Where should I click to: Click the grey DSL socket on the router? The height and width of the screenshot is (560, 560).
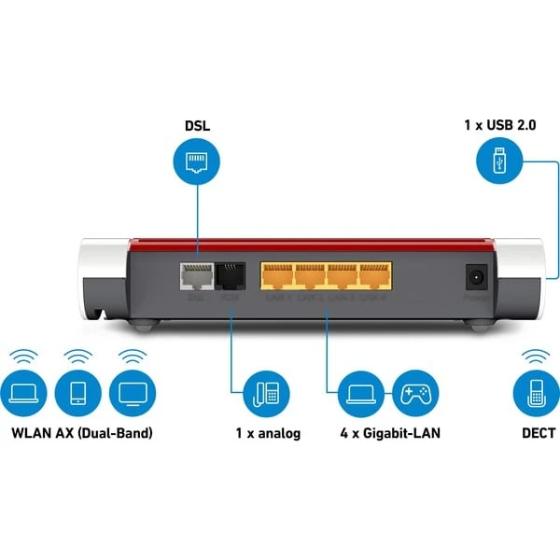196,278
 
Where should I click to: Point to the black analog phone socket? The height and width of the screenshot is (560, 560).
230,278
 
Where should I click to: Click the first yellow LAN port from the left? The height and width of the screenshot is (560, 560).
277,277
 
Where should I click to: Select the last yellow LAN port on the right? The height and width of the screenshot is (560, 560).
372,277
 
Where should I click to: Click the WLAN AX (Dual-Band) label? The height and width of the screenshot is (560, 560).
81,434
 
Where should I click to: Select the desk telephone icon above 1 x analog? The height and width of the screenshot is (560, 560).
267,395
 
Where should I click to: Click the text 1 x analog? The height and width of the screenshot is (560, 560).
268,434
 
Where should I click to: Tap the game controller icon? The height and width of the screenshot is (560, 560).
415,395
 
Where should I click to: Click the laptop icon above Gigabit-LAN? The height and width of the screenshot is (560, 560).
362,395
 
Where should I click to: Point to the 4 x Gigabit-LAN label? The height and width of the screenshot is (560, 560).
389,434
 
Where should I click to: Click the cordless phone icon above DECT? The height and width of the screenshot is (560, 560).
537,395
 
